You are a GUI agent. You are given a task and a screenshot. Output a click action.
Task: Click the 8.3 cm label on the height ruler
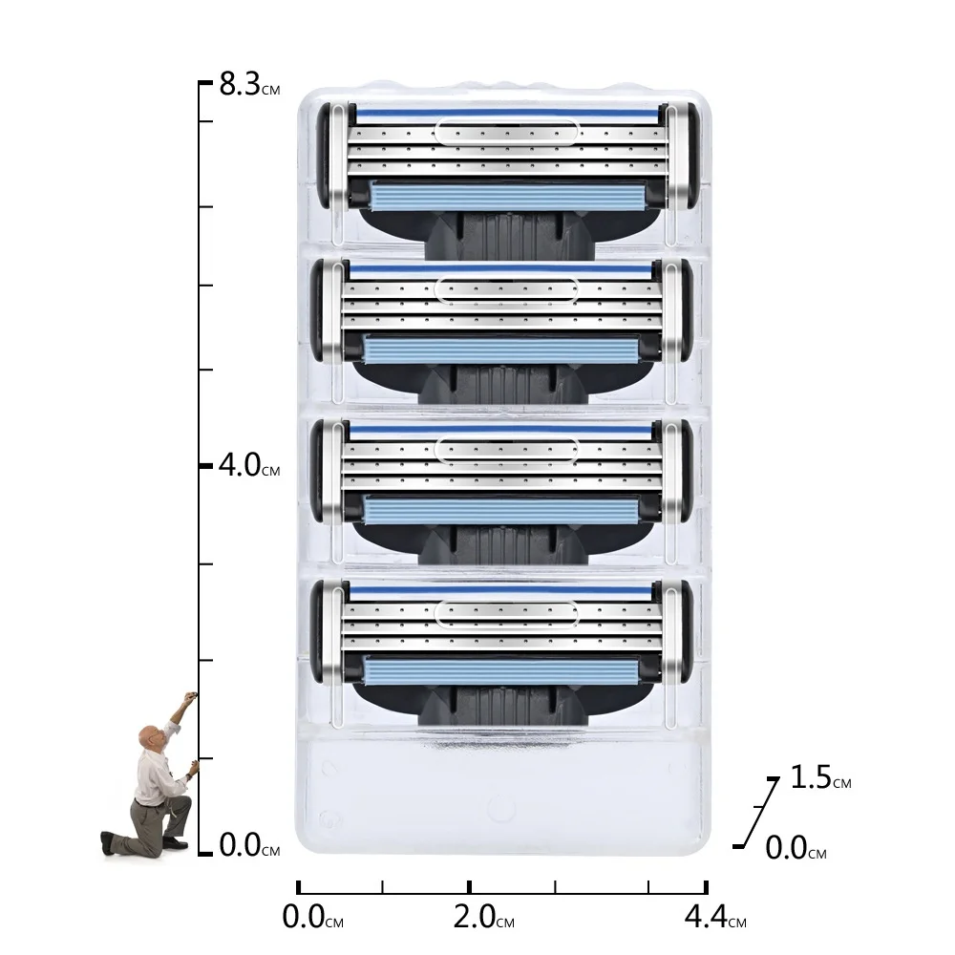point(249,84)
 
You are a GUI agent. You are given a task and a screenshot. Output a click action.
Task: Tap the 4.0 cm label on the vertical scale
point(249,465)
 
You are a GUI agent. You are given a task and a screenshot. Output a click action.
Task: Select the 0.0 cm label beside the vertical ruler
point(249,845)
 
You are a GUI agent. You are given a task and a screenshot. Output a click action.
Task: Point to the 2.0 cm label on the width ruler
point(484,917)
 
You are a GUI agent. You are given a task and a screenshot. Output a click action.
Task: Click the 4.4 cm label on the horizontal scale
point(715,917)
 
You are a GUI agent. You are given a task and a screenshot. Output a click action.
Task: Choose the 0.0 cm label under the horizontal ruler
point(313,917)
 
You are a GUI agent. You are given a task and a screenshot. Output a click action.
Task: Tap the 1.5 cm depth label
point(820,777)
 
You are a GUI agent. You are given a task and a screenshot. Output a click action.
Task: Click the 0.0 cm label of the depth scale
point(796,848)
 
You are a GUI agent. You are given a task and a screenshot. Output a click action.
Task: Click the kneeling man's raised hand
point(191,697)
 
